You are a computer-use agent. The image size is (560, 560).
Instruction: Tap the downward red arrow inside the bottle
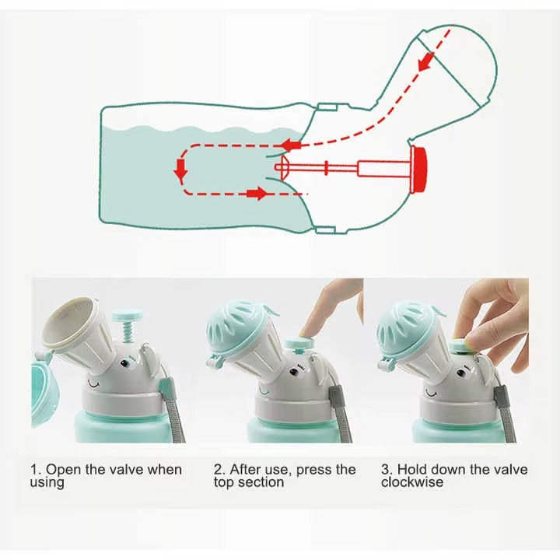[x=180, y=172]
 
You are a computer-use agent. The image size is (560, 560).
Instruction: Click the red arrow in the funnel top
[x=427, y=60]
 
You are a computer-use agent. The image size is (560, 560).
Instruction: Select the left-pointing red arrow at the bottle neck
[x=292, y=145]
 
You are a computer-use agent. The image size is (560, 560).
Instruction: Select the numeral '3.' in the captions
[x=387, y=470]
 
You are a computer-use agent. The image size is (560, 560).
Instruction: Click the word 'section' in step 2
[x=267, y=482]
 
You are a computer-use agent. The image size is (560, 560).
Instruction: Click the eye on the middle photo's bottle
[x=294, y=372]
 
